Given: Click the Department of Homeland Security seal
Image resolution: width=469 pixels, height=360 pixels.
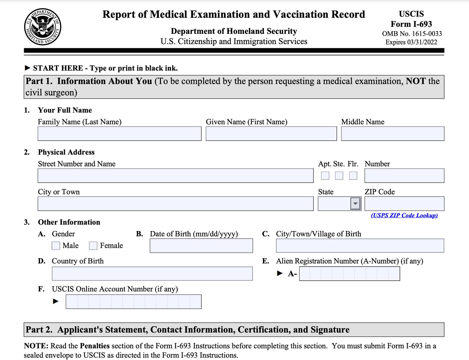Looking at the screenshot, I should [43, 27].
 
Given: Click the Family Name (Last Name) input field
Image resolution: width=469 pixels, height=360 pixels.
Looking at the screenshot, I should [119, 134].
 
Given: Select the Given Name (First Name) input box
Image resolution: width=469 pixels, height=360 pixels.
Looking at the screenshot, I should [271, 134].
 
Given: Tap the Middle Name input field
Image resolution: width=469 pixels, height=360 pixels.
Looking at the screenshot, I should [392, 134].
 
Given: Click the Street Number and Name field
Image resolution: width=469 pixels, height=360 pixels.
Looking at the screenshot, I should [175, 175].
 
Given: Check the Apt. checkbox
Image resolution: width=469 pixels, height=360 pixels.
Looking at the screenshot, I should [325, 175].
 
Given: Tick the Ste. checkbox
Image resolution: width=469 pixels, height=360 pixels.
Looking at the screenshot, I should [339, 175].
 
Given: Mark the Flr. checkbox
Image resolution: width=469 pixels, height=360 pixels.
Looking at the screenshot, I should [353, 175].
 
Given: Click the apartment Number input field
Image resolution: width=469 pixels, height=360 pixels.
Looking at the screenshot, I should [404, 175].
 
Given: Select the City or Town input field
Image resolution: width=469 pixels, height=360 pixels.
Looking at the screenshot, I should [175, 204].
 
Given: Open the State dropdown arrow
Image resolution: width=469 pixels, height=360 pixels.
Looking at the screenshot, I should [355, 204].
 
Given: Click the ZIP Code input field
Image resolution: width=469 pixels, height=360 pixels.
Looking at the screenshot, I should [404, 204].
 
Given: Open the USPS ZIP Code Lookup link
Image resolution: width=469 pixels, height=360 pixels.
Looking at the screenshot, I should [404, 215].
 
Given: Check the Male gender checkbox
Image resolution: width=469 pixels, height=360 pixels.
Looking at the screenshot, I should [56, 246].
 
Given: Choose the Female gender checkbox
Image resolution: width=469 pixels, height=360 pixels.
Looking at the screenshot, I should [93, 246].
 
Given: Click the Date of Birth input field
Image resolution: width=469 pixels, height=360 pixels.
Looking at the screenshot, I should [201, 246].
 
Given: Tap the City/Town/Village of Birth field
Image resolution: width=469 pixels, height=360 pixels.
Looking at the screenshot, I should [360, 246].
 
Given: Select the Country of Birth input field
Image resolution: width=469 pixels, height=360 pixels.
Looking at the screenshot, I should [152, 274].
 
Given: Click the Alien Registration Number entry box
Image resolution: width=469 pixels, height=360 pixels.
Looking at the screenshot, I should [349, 274].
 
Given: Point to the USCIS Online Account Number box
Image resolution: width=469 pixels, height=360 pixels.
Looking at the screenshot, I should [133, 302].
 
